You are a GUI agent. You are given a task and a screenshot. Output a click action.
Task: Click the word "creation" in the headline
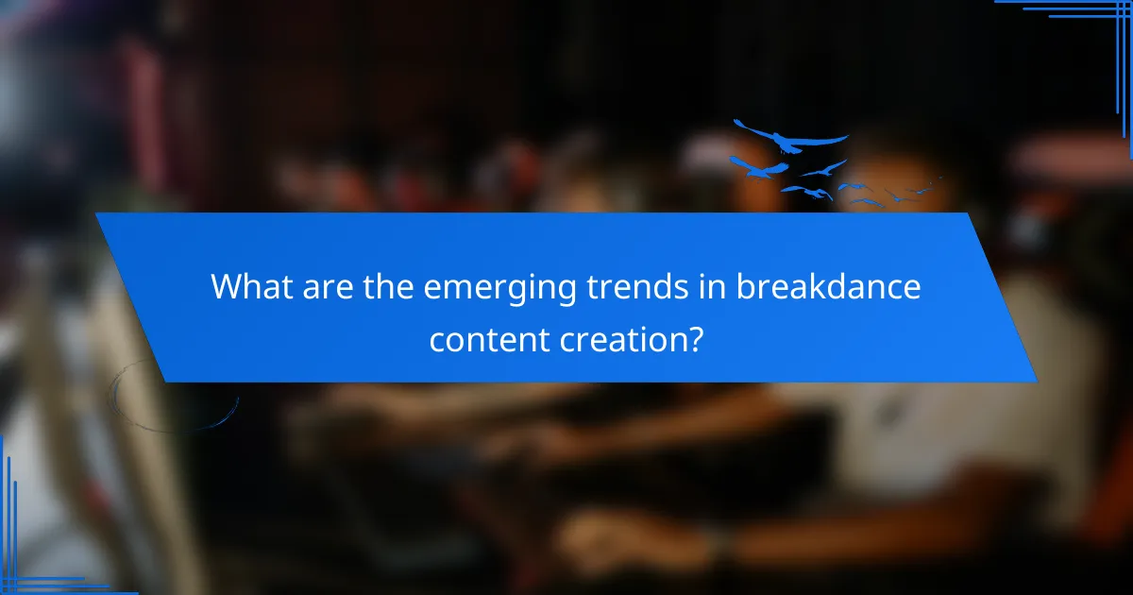(x=618, y=337)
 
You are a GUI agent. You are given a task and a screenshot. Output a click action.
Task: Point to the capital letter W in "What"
(x=225, y=285)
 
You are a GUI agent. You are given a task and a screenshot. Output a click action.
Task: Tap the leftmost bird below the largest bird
(x=758, y=168)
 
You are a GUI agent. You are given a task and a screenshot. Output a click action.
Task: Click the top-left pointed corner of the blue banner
(x=96, y=214)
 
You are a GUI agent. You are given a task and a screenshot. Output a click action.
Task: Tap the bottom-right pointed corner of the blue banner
(x=1036, y=381)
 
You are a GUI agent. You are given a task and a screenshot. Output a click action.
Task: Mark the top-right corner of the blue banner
(x=971, y=214)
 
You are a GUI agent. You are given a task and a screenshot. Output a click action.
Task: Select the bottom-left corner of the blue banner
(x=166, y=381)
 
